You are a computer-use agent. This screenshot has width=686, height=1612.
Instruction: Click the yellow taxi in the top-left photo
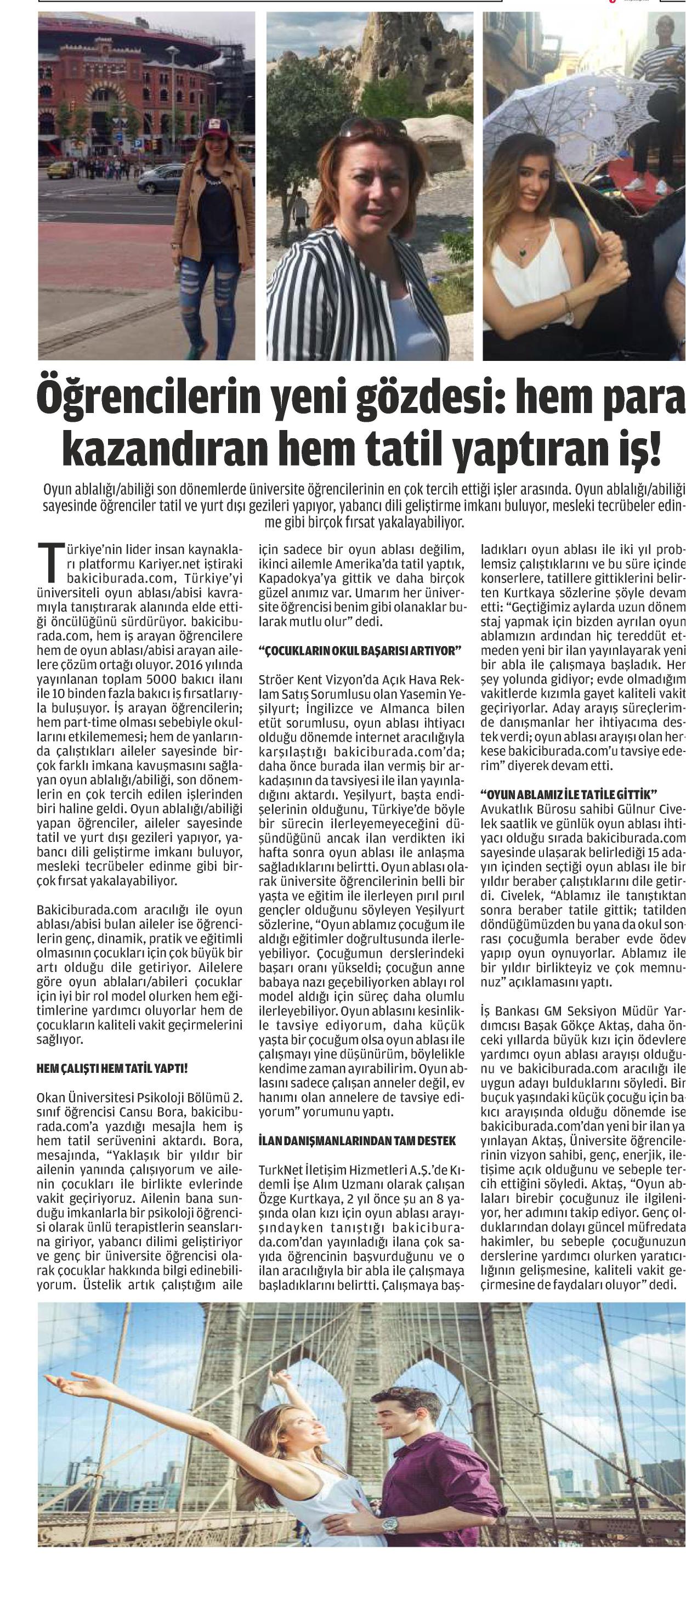tap(61, 169)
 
